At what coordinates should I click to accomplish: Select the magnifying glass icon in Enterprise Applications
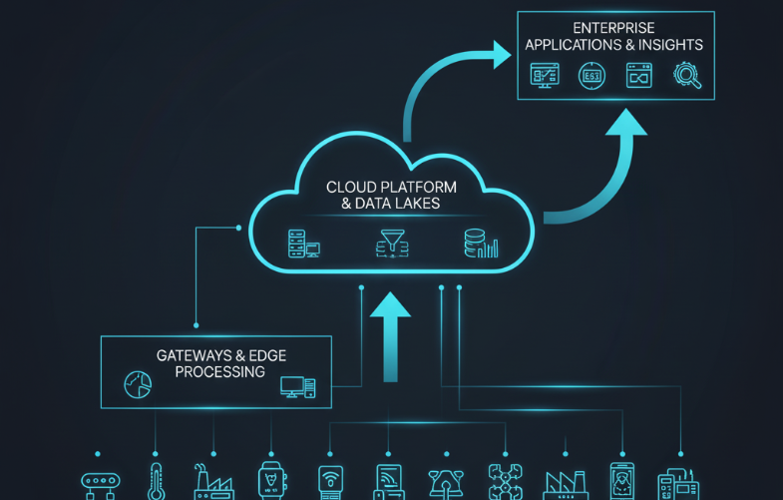click(x=687, y=76)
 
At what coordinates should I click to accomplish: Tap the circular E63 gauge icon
click(x=591, y=76)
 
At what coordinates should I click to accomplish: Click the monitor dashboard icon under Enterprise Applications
click(x=545, y=76)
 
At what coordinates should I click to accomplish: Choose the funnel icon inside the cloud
click(x=391, y=243)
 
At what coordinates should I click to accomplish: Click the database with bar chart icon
click(x=481, y=243)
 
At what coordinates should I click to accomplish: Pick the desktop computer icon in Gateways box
click(x=297, y=386)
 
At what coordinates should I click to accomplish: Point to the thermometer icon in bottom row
click(x=156, y=480)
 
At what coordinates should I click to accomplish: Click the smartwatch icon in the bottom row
click(x=271, y=480)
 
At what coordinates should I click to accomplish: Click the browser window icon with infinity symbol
click(x=638, y=76)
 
